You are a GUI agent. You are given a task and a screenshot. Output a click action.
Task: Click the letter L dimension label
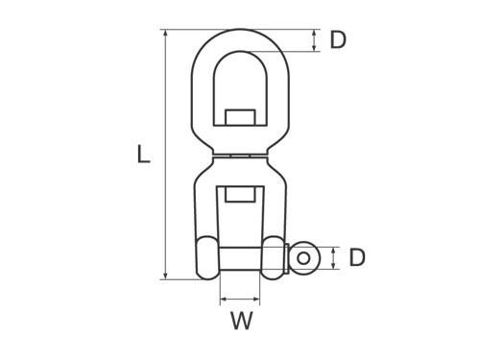tap(143, 155)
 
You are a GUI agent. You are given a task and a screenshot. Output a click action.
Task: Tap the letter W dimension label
tap(242, 320)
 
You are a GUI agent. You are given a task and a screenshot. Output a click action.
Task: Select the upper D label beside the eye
tap(338, 40)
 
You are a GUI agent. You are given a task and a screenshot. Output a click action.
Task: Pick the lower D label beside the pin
tap(357, 257)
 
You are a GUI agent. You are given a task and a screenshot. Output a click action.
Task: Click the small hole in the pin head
tap(303, 258)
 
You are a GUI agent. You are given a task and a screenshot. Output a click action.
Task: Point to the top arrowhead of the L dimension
tap(165, 33)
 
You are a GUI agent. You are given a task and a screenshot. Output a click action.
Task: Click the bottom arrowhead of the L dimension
tap(165, 276)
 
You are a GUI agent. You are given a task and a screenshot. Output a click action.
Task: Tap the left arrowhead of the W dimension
tap(224, 300)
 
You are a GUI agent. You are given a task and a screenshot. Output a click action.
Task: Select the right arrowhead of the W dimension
tap(256, 300)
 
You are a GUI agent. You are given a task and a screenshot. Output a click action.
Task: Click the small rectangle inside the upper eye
tap(240, 117)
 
